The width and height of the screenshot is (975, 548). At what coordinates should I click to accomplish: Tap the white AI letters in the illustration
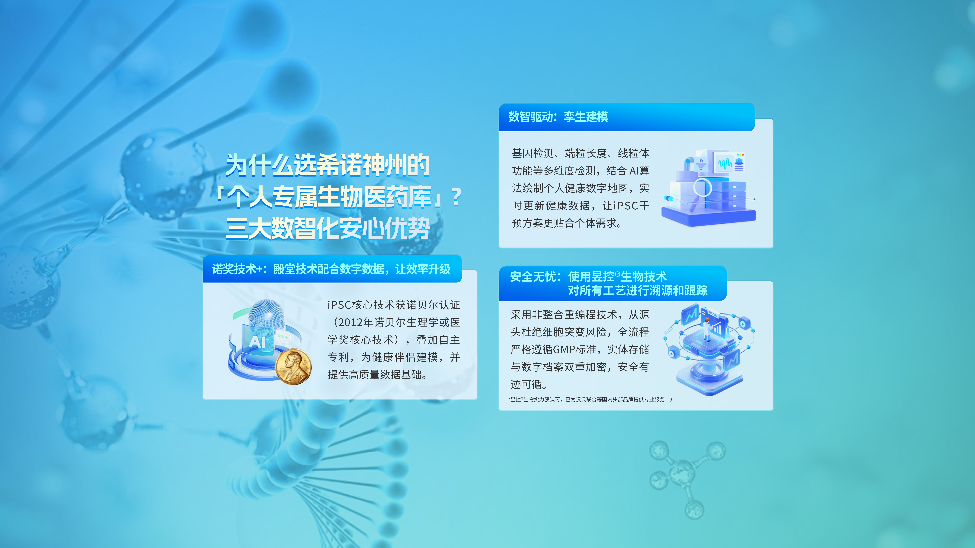[x=258, y=342]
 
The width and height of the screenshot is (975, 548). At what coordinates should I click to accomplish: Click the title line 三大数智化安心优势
[x=328, y=228]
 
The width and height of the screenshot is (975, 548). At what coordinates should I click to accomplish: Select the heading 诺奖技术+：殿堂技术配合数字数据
[x=331, y=269]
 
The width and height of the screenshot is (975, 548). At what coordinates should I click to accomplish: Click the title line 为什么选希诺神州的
[x=328, y=165]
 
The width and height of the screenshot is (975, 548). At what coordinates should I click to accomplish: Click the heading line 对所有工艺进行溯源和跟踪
[x=637, y=290]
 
